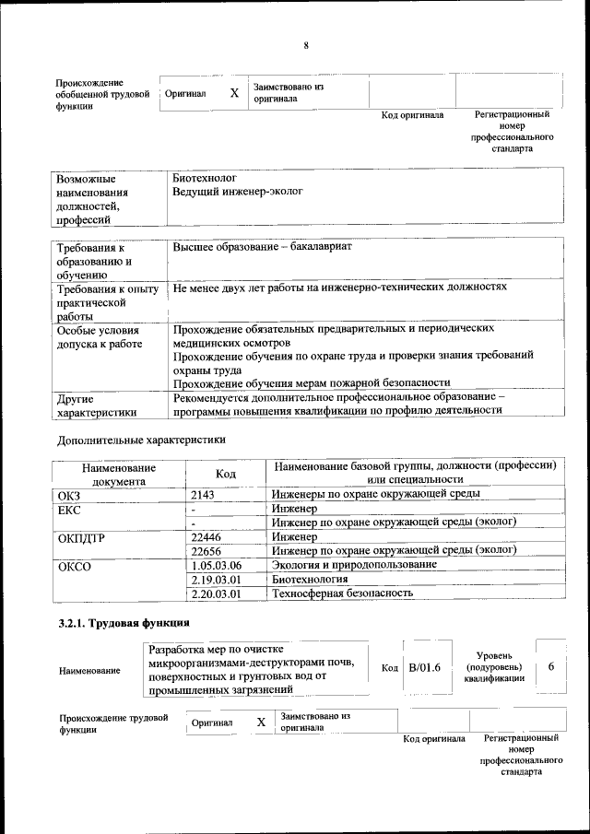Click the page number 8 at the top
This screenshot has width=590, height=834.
tap(305, 46)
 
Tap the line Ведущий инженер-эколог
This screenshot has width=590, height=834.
tap(237, 192)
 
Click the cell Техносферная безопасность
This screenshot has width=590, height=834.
tap(341, 593)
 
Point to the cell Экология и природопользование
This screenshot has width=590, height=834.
tap(353, 564)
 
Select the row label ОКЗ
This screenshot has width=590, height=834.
tap(69, 495)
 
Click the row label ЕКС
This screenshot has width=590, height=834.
tap(69, 509)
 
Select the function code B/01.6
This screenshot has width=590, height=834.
tap(425, 667)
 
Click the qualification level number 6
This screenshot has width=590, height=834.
tap(550, 666)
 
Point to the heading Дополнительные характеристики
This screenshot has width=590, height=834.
tap(141, 440)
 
